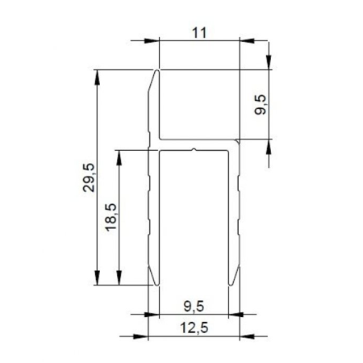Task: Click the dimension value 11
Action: pyautogui.click(x=201, y=32)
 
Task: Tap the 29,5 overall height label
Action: pyautogui.click(x=89, y=177)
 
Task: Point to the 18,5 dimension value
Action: pyautogui.click(x=111, y=217)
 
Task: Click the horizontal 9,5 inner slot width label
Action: pyautogui.click(x=194, y=305)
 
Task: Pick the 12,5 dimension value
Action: pyautogui.click(x=194, y=327)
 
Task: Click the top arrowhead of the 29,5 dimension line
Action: pyautogui.click(x=98, y=75)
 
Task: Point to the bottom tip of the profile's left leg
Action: pyautogui.click(x=152, y=283)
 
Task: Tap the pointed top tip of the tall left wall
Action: pyautogui.click(x=156, y=72)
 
